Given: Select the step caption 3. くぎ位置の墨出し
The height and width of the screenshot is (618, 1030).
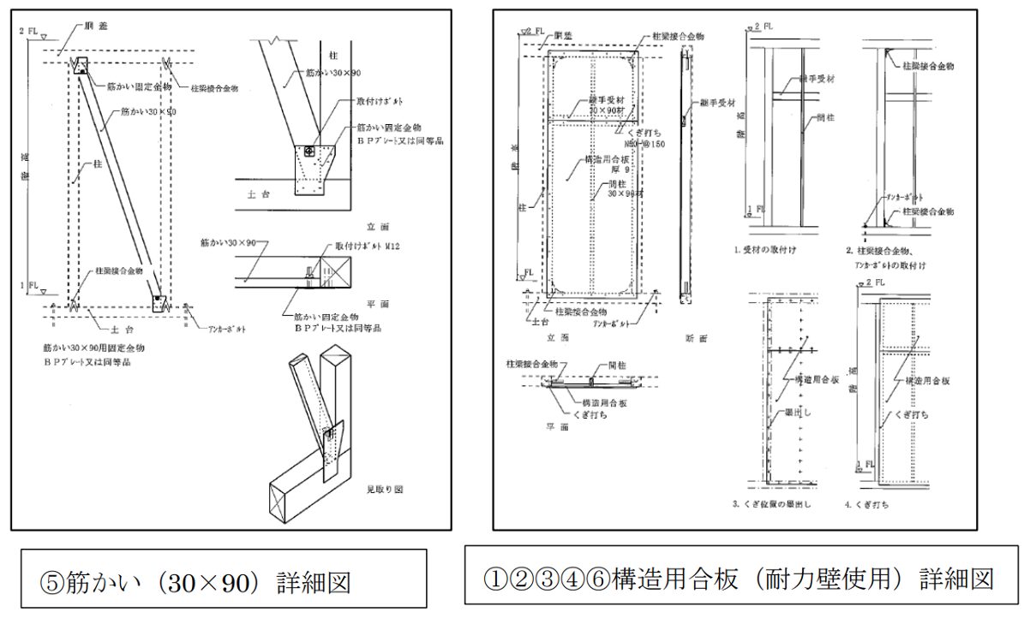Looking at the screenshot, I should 771,504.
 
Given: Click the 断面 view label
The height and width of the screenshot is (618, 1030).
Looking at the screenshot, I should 695,338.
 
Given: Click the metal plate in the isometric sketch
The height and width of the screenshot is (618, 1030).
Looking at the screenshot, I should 332,444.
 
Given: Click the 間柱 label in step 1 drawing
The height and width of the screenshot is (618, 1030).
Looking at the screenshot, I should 828,117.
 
